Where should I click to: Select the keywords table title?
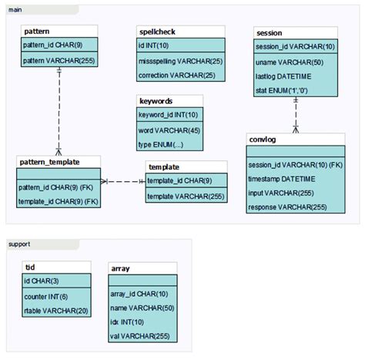pyautogui.click(x=156, y=101)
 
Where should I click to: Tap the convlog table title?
pyautogui.click(x=263, y=139)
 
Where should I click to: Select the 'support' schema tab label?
pyautogui.click(x=18, y=244)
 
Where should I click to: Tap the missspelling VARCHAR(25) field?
pyautogui.click(x=179, y=61)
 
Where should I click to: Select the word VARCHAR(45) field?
pyautogui.click(x=168, y=130)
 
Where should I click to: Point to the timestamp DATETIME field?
pyautogui.click(x=282, y=179)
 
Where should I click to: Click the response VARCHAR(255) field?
pyautogui.click(x=287, y=207)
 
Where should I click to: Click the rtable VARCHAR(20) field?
pyautogui.click(x=55, y=310)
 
